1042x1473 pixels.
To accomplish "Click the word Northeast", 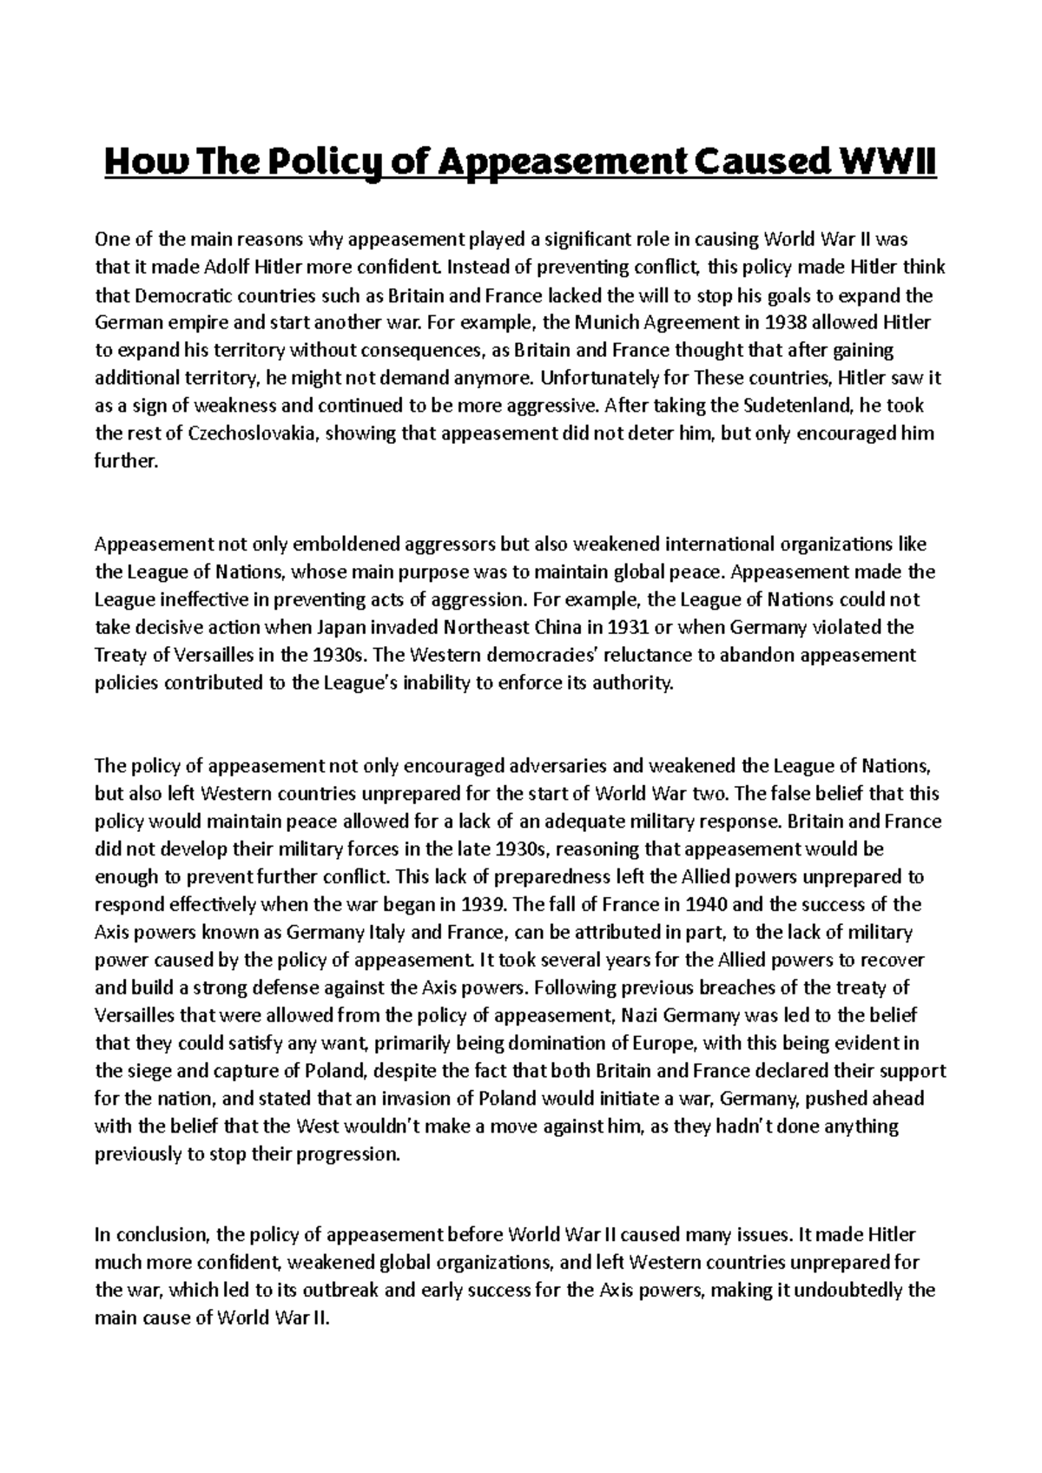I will [484, 628].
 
